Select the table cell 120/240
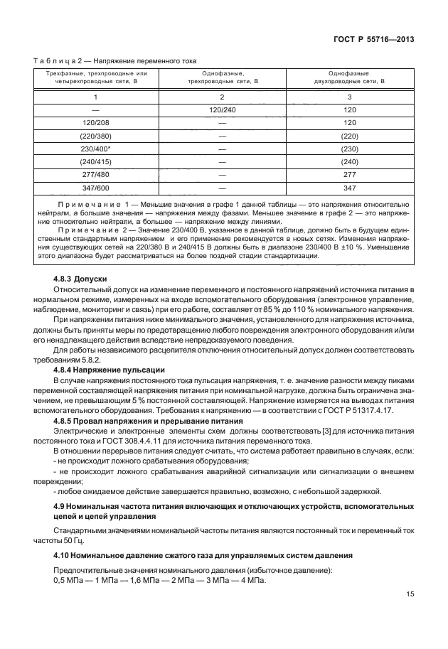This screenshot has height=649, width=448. (x=222, y=109)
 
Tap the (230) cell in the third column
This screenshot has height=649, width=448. (x=348, y=149)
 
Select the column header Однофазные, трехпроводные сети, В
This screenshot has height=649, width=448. (x=222, y=77)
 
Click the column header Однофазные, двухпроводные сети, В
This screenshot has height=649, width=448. (x=348, y=77)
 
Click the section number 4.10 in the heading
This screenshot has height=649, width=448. (x=63, y=554)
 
